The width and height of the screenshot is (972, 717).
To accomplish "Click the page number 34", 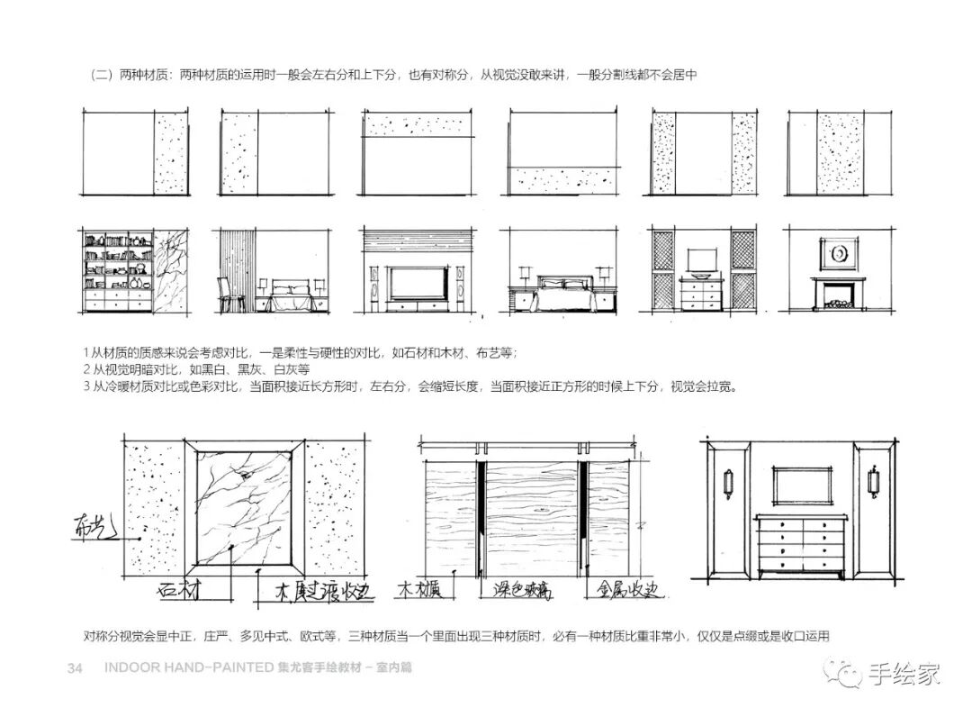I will click(x=76, y=668).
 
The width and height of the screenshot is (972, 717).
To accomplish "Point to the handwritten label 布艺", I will click(x=94, y=529).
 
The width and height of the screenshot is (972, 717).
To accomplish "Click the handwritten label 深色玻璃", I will click(x=522, y=590).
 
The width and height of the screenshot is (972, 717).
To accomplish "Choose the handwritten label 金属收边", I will click(x=628, y=590).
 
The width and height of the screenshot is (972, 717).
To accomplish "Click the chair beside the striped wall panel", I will click(x=225, y=292).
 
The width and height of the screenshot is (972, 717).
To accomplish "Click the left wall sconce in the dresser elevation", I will click(x=729, y=481).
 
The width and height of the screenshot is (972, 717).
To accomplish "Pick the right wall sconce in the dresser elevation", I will click(x=871, y=481).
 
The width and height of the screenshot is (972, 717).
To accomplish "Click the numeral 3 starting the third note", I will click(x=85, y=386).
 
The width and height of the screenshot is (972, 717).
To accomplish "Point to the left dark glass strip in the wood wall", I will click(x=481, y=517).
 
